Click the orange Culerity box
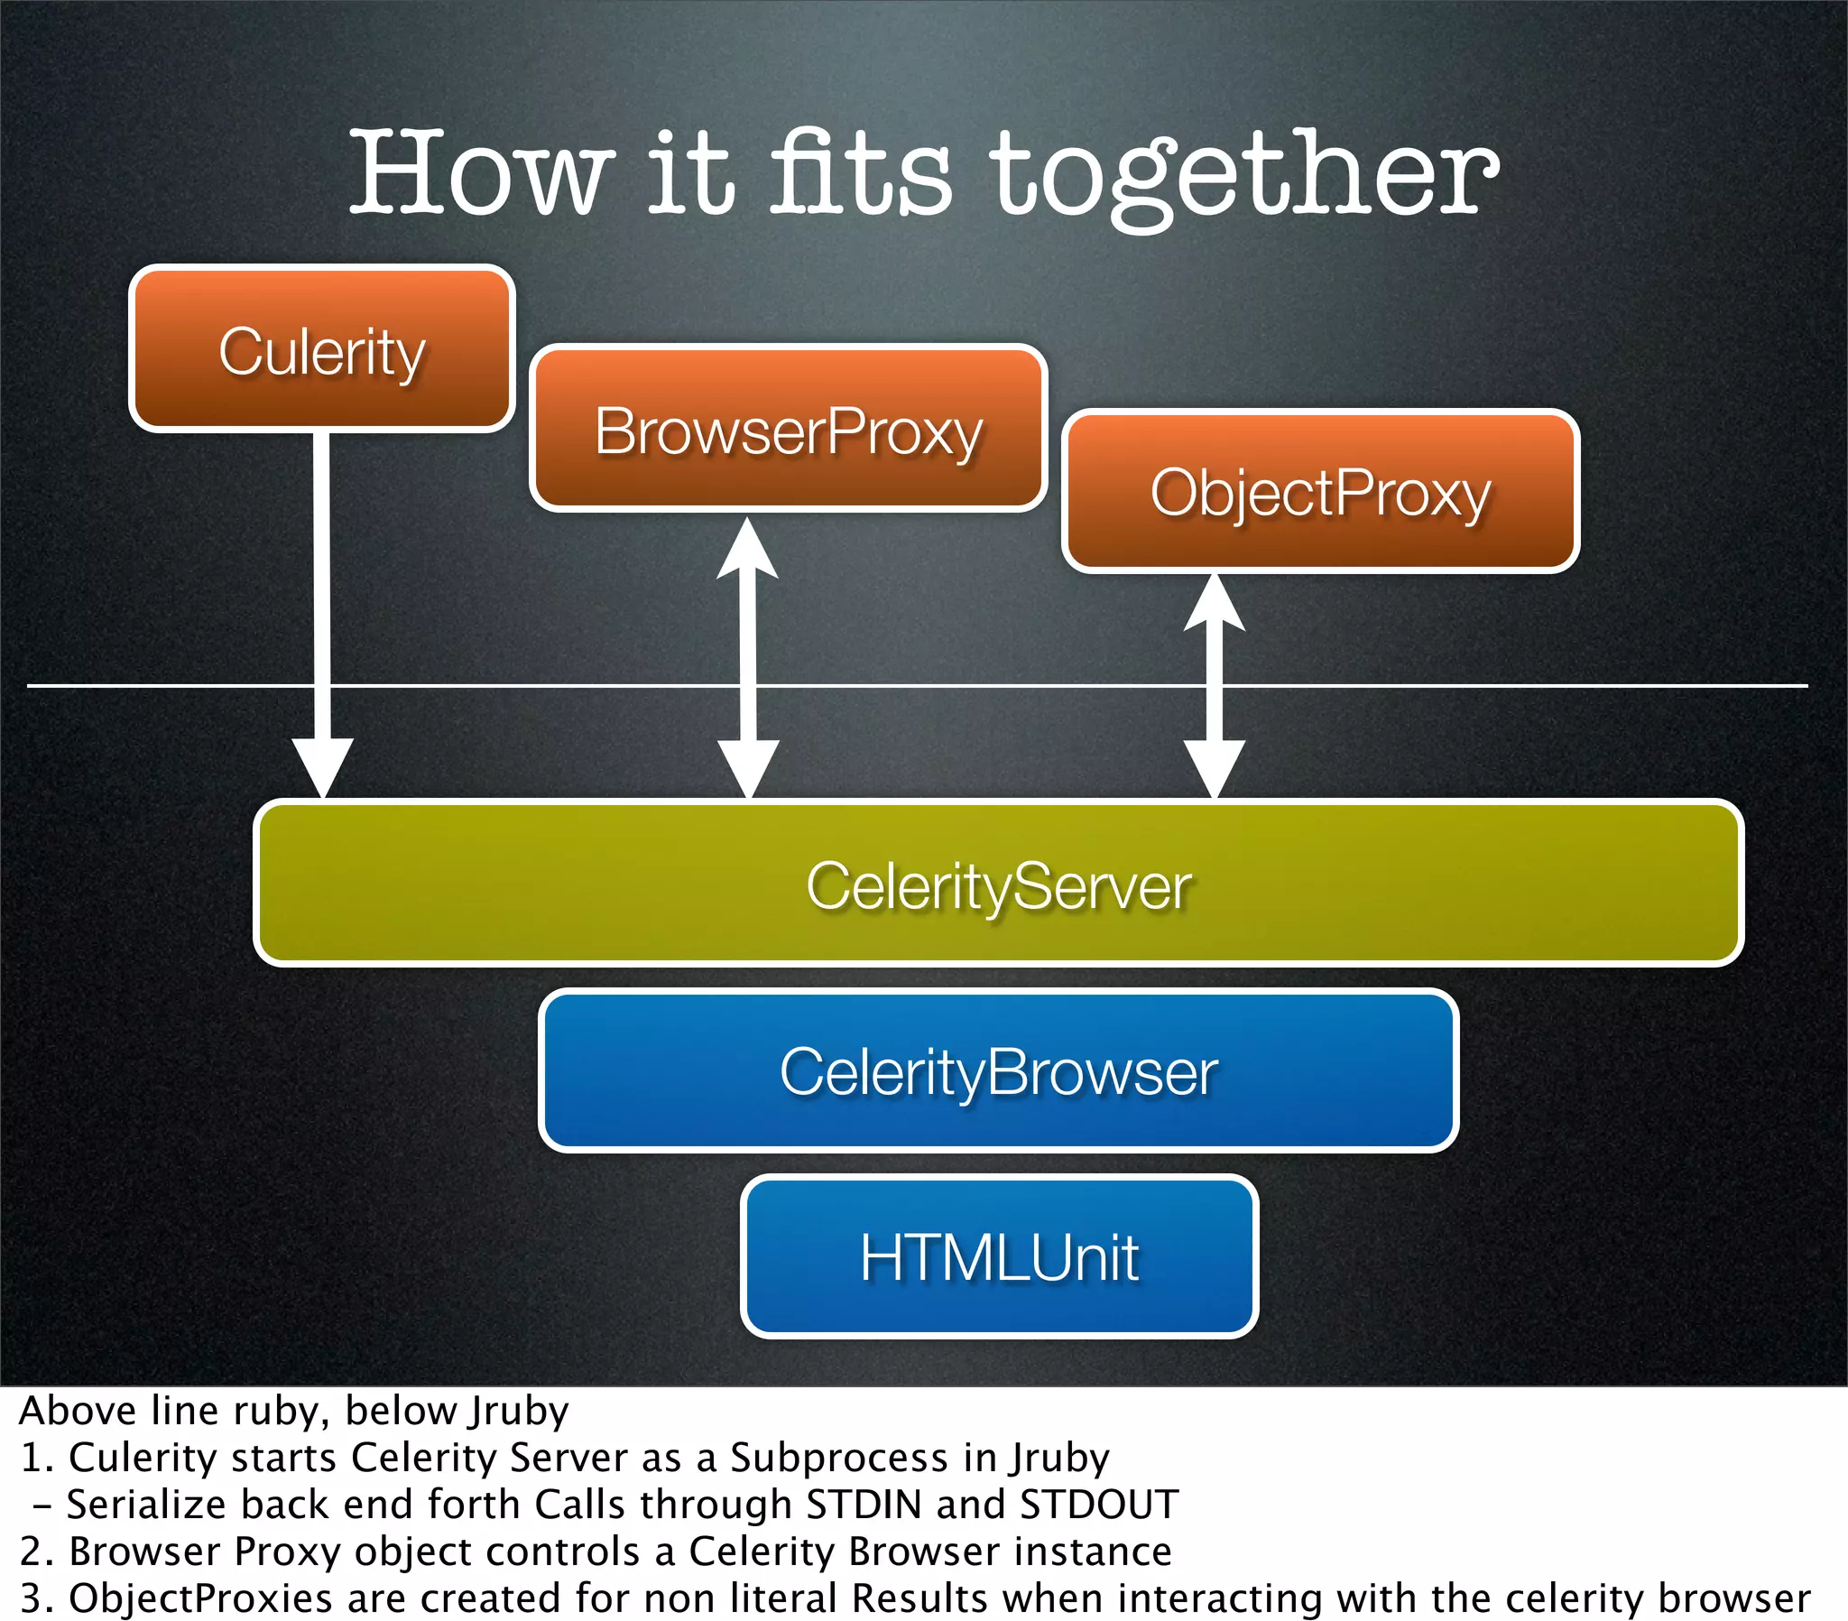pyautogui.click(x=322, y=349)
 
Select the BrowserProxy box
pyautogui.click(x=789, y=429)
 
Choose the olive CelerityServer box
pyautogui.click(x=998, y=883)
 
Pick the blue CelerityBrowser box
pyautogui.click(x=998, y=1071)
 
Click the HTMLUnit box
pyautogui.click(x=999, y=1256)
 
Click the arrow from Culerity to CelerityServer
pyautogui.click(x=322, y=616)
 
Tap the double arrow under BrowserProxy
pyautogui.click(x=748, y=661)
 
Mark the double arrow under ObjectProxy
pyautogui.click(x=1215, y=688)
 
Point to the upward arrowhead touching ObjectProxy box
pyautogui.click(x=1215, y=600)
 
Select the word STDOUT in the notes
pyautogui.click(x=1098, y=1505)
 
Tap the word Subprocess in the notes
pyautogui.click(x=840, y=1458)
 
